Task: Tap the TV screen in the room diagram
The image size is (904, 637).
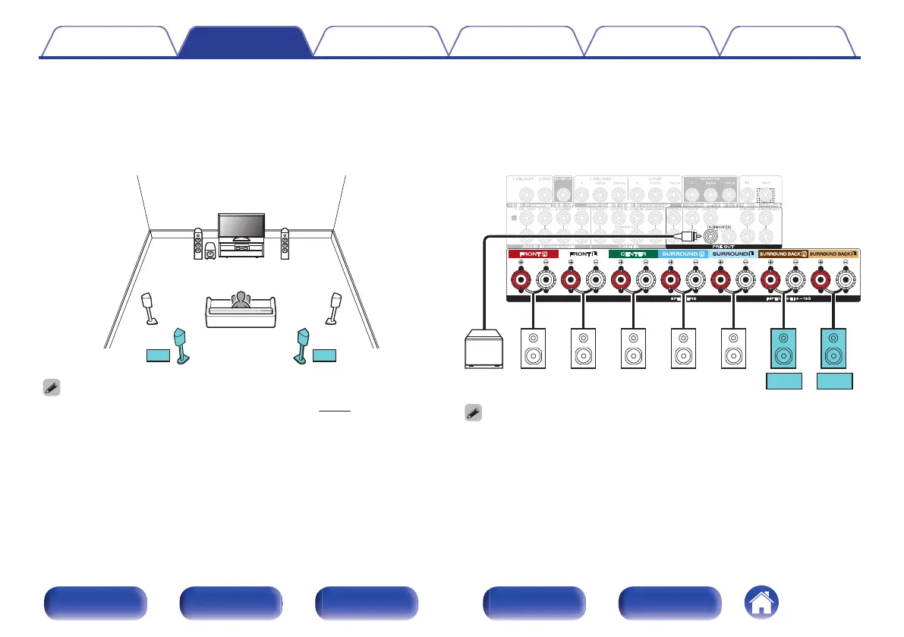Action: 241,226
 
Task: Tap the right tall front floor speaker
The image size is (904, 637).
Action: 285,243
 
